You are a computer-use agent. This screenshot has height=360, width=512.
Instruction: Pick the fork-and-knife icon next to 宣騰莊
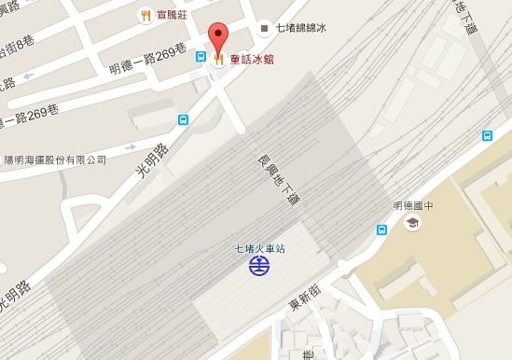[x=145, y=14]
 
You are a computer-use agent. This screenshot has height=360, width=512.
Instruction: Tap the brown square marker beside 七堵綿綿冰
[x=264, y=29]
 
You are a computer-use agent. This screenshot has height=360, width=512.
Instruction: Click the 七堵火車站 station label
[x=260, y=248]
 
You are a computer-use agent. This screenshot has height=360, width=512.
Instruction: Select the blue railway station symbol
[x=259, y=267]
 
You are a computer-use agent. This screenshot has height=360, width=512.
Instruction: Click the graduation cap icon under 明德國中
[x=410, y=223]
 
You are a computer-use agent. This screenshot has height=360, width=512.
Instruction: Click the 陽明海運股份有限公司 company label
[x=55, y=160]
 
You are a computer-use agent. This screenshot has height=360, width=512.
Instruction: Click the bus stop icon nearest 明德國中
[x=381, y=229]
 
